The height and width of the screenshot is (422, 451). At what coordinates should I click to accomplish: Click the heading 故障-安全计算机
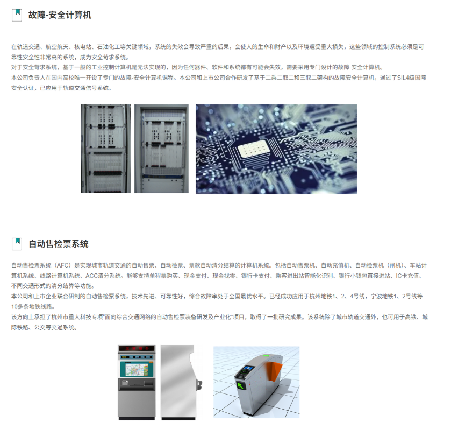point(60,15)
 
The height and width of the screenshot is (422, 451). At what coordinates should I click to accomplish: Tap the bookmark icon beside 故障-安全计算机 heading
point(17,15)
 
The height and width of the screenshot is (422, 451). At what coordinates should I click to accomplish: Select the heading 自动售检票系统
point(59,244)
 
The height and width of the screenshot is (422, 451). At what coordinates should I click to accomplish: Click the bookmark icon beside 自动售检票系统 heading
point(17,244)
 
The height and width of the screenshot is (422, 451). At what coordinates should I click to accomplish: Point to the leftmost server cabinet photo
point(105,149)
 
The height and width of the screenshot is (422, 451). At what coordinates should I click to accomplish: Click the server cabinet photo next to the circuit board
point(161,149)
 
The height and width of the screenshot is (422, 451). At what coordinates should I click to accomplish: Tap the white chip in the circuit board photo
point(254,149)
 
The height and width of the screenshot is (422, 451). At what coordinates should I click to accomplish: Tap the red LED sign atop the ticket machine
point(137,348)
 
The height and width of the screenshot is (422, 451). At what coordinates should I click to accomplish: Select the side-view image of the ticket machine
point(181,382)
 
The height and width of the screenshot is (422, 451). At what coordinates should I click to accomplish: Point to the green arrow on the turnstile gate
point(240,385)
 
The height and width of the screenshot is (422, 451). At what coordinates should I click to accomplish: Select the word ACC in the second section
point(91,276)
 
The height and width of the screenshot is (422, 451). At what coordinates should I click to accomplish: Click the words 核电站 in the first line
point(83,47)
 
